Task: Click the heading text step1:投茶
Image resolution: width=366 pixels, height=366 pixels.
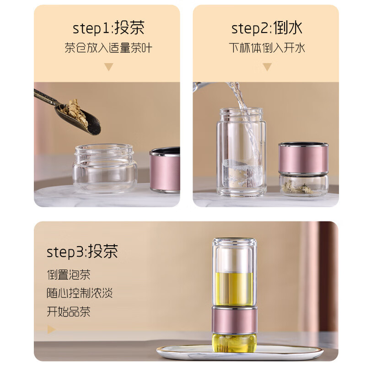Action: click(108, 28)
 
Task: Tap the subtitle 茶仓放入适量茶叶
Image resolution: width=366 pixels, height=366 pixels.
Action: click(108, 48)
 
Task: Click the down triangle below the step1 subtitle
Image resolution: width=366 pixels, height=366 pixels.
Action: click(108, 67)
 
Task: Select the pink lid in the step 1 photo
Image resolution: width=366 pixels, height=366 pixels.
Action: click(165, 169)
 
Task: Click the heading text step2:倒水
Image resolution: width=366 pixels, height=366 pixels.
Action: click(267, 28)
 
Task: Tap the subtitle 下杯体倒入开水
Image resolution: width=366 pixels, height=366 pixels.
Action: click(267, 48)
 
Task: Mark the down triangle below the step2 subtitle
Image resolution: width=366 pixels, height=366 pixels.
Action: click(267, 67)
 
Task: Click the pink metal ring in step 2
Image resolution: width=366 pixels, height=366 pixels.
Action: click(303, 158)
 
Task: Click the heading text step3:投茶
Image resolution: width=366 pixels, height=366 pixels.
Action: click(82, 251)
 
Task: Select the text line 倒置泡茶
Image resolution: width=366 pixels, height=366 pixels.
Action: click(69, 274)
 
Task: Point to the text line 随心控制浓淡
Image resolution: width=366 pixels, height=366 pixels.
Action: click(80, 293)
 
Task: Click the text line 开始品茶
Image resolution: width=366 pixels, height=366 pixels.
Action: click(69, 312)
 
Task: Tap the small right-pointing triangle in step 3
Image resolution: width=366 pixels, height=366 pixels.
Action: click(51, 329)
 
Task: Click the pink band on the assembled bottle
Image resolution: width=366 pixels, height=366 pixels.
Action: click(234, 319)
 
